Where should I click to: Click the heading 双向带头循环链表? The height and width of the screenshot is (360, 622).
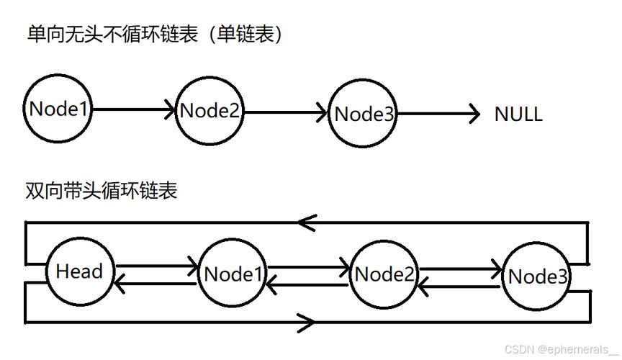click(101, 191)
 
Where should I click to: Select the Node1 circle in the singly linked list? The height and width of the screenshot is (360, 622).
click(58, 109)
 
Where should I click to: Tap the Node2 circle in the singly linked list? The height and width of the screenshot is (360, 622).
click(210, 112)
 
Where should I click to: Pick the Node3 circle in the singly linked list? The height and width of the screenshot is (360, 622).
click(364, 114)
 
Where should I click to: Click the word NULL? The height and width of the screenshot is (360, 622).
click(518, 114)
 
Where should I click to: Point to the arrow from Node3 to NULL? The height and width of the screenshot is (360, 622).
click(438, 113)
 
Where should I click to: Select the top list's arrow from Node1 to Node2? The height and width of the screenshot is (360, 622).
click(134, 110)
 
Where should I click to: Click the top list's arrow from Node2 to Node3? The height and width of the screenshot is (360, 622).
click(287, 112)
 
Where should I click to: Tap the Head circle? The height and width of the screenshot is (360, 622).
click(79, 271)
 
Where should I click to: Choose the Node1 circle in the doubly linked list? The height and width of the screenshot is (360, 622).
click(232, 274)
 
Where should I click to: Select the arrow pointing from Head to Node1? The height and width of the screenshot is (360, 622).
click(157, 266)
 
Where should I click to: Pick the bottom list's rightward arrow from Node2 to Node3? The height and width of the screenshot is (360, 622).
click(461, 269)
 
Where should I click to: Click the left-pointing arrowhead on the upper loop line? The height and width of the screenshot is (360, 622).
click(307, 222)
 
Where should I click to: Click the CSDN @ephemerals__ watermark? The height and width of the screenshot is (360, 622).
click(560, 349)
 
